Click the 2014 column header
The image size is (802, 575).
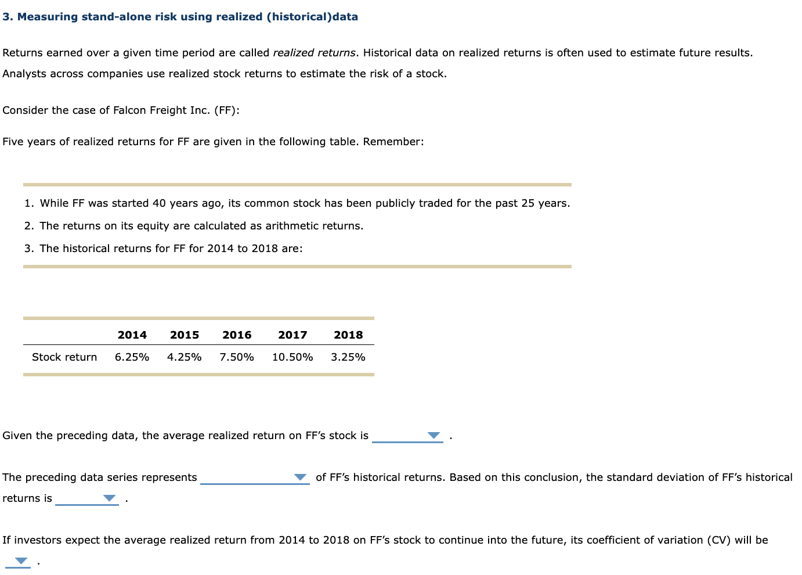(x=132, y=335)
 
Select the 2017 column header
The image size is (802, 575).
(x=292, y=335)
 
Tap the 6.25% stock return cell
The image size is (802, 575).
(x=132, y=357)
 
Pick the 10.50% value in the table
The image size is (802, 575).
(x=292, y=357)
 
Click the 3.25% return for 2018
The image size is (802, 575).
(x=348, y=357)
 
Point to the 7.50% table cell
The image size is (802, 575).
(x=237, y=357)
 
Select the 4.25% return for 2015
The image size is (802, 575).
(x=185, y=357)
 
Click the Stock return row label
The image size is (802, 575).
(x=64, y=357)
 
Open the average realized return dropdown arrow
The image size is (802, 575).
(x=433, y=436)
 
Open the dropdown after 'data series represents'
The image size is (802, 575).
(x=300, y=477)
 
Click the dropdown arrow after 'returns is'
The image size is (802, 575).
(x=109, y=498)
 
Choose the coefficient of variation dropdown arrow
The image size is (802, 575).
(x=21, y=561)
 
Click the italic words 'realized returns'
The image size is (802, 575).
(x=314, y=53)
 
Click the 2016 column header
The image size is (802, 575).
(x=237, y=335)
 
